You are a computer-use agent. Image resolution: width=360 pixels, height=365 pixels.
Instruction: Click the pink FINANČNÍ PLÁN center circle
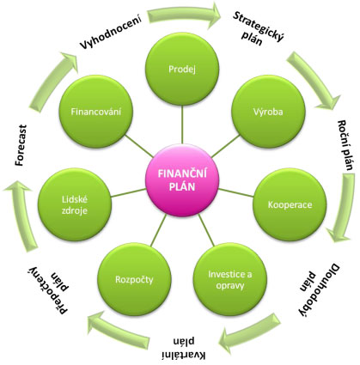(x=182, y=180)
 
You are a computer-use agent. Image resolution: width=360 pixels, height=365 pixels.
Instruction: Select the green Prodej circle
(x=182, y=69)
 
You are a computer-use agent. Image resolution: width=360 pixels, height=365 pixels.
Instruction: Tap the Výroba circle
(x=268, y=112)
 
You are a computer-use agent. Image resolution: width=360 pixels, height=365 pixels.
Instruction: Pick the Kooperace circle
(x=290, y=204)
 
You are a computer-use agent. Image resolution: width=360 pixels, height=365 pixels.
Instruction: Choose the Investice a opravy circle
(x=230, y=279)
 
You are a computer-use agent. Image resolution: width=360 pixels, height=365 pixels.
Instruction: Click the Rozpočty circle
(x=134, y=279)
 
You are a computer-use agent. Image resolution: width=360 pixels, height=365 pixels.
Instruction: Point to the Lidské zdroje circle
(x=75, y=204)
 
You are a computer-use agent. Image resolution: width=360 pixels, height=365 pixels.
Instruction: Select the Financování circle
(x=96, y=112)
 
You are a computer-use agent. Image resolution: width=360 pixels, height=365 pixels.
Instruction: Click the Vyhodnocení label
(x=111, y=32)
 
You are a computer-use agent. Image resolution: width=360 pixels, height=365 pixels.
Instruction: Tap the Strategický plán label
(x=256, y=28)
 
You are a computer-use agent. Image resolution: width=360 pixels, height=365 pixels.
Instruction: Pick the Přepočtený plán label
(x=52, y=289)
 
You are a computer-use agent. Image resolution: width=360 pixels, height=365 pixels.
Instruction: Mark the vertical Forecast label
(x=21, y=145)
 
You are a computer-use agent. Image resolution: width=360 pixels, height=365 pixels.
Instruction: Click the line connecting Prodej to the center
(x=182, y=125)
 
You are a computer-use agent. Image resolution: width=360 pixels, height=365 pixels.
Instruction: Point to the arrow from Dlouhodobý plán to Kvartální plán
(x=250, y=333)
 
